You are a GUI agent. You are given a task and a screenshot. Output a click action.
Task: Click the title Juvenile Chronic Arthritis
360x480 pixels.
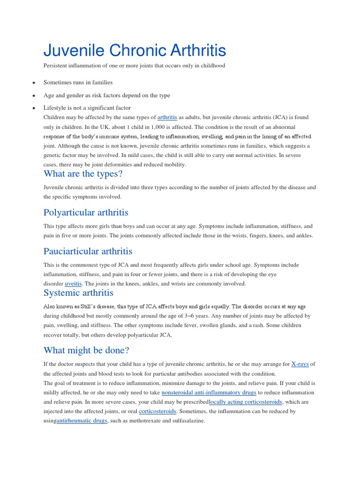coord(135,51)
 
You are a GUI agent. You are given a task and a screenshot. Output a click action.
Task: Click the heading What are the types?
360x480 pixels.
coord(83,174)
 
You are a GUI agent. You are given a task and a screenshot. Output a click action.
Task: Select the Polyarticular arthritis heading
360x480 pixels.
coord(86,212)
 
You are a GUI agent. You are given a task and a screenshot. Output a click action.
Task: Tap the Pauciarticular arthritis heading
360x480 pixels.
coord(88,251)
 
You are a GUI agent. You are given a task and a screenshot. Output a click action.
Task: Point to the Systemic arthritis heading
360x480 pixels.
coord(78,293)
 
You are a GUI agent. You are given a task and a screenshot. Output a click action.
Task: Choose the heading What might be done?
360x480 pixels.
coord(86,350)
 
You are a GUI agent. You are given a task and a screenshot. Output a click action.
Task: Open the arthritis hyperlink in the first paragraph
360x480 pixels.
coord(167,117)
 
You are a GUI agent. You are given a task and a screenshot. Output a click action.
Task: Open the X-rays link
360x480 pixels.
coord(300,364)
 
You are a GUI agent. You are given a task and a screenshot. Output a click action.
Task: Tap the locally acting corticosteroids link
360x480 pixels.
coord(246,402)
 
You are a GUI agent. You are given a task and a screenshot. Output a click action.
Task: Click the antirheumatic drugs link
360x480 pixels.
coord(82,420)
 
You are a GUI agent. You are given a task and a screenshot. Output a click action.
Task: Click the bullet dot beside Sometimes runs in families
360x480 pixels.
coord(34,83)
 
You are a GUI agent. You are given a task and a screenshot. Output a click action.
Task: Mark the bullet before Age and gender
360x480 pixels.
coord(34,96)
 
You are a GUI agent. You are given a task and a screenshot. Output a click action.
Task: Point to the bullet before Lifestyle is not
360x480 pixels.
coord(34,108)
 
